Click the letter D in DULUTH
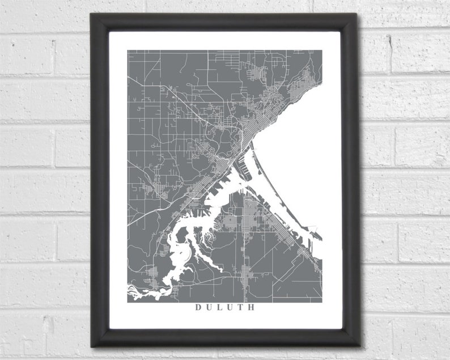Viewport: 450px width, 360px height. click(x=198, y=308)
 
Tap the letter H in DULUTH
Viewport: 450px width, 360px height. click(x=252, y=308)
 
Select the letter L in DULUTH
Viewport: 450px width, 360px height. click(x=219, y=308)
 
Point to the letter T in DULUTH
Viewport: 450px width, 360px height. click(x=240, y=308)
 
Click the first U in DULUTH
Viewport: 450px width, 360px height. click(x=209, y=308)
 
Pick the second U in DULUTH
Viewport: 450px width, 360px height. click(x=230, y=308)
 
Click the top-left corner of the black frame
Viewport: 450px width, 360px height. click(x=91, y=14)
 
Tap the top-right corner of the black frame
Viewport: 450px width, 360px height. click(x=358, y=14)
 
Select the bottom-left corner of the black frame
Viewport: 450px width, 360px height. click(x=91, y=346)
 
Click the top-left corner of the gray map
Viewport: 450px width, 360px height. click(x=128, y=50)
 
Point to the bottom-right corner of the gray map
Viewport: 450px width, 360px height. click(x=322, y=302)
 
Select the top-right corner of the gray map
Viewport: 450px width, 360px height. click(x=322, y=50)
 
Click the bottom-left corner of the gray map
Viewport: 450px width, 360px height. click(x=128, y=302)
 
